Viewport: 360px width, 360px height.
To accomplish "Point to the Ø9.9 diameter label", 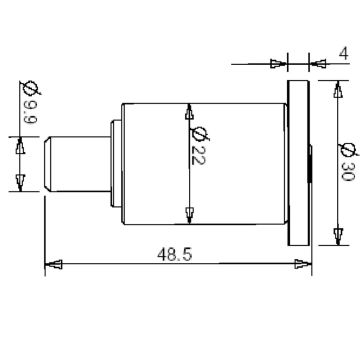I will click(x=27, y=102).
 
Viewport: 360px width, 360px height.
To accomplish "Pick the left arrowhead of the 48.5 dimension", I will click(x=56, y=265).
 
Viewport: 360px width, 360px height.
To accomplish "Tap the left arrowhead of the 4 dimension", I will click(x=279, y=63).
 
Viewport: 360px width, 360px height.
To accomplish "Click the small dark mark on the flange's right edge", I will click(x=309, y=162).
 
